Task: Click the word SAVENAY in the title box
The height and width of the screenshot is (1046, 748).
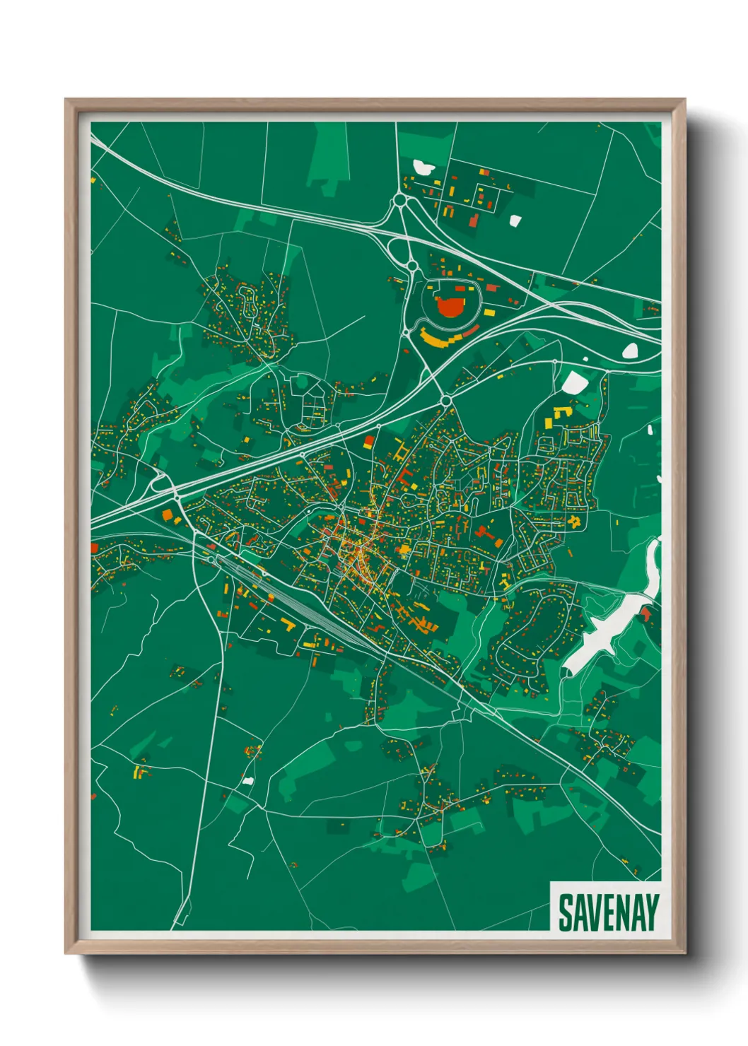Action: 608,912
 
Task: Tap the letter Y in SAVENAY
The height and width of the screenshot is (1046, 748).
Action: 651,912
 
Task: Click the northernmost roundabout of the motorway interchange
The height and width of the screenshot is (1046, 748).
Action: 401,201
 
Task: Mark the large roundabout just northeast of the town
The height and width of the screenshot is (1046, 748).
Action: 446,401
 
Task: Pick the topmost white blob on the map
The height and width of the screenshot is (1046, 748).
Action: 423,168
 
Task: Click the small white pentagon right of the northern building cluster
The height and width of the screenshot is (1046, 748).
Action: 515,220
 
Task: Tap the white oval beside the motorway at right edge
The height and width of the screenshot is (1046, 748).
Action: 629,350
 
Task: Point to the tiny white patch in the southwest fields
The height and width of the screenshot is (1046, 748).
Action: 247,780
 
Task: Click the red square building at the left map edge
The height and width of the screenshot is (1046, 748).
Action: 94,548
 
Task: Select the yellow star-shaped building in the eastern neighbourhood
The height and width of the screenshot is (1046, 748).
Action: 574,522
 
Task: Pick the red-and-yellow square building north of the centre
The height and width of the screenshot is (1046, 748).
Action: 368,442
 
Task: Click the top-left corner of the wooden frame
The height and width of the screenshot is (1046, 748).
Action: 66,100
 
